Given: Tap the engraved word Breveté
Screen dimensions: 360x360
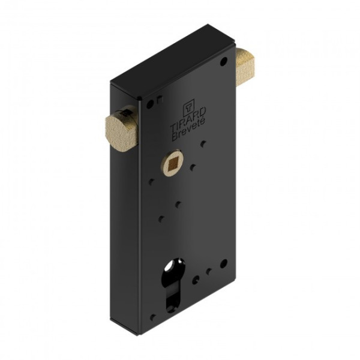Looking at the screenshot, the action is click(189, 130).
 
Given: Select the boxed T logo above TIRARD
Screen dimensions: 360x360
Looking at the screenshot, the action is click(188, 107).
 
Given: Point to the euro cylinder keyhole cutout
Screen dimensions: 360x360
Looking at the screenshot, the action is click(173, 284).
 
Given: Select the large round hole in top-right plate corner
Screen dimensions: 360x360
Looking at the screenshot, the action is click(223, 62).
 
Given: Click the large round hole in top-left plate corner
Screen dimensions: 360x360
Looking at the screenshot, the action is click(150, 104).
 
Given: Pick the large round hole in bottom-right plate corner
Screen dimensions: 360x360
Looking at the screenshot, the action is click(224, 264).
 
